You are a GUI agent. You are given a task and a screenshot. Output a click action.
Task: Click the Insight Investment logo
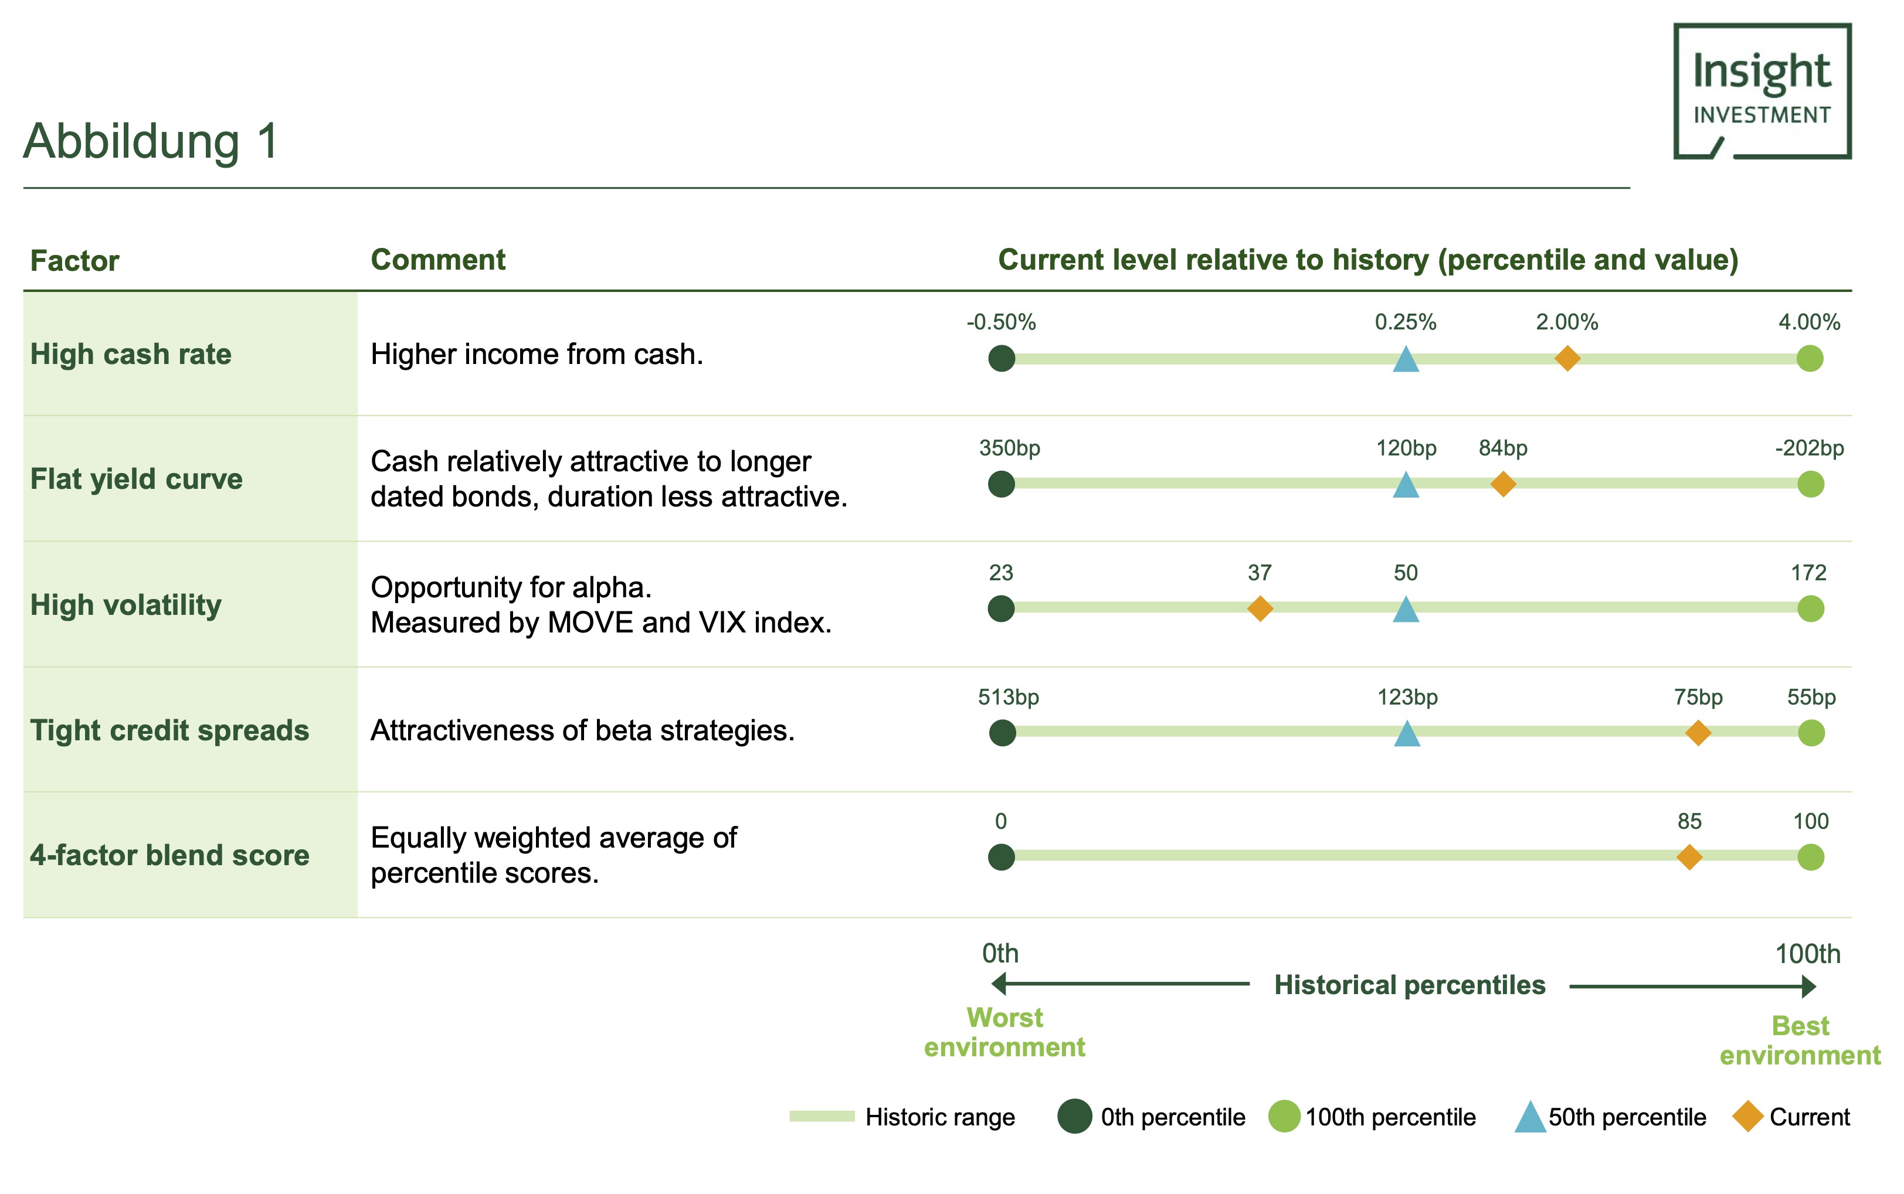pos(1762,91)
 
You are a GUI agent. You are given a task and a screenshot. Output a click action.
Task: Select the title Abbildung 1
pos(151,141)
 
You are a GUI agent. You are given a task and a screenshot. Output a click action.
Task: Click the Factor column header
pos(74,261)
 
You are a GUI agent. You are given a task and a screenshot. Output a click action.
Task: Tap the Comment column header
pos(437,260)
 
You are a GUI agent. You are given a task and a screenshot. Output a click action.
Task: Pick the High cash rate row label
pos(130,354)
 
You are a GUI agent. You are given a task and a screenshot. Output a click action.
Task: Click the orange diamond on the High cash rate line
pos(1567,358)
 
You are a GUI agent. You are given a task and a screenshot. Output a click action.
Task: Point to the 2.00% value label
pos(1567,322)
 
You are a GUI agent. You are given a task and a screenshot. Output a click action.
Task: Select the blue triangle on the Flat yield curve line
pos(1406,484)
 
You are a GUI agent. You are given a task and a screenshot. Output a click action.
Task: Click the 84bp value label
pos(1503,448)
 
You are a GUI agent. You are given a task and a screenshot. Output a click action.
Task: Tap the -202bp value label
pos(1809,448)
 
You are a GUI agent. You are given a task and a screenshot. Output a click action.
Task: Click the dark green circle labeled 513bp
pos(1002,733)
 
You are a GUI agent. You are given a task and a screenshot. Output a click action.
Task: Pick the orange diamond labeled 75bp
pos(1698,733)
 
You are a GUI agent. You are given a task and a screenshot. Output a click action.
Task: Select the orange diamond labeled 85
pos(1689,857)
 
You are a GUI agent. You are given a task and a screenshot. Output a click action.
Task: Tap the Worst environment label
pos(1004,1032)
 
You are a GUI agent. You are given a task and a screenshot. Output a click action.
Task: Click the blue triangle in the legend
pos(1529,1117)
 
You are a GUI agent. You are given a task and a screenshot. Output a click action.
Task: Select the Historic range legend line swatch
pos(822,1116)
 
